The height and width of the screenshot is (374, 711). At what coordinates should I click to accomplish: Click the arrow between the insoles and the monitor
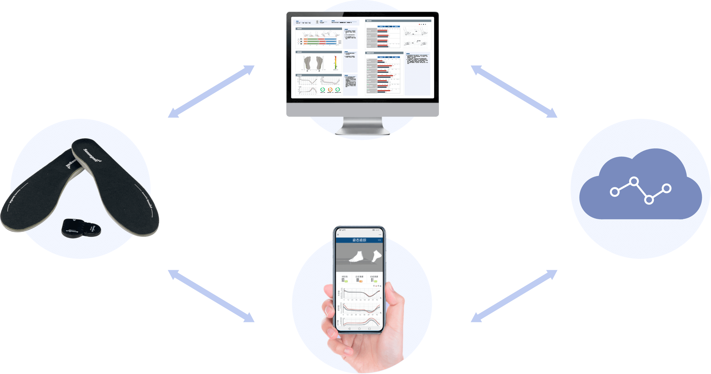click(x=211, y=92)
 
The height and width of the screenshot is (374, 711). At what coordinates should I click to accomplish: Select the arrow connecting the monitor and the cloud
click(x=514, y=92)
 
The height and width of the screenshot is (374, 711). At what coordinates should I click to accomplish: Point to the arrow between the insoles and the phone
click(x=211, y=296)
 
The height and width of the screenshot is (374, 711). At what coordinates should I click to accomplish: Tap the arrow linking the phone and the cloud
click(x=514, y=296)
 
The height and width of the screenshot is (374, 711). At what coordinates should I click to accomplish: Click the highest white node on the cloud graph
click(x=633, y=181)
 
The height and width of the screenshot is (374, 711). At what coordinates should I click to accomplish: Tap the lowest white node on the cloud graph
click(x=649, y=200)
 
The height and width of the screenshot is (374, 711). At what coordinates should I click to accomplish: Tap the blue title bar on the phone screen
click(x=359, y=240)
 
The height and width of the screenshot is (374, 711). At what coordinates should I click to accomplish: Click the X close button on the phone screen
click(x=338, y=234)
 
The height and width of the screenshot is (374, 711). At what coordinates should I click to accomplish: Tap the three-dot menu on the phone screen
click(x=380, y=234)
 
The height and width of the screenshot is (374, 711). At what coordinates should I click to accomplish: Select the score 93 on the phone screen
click(x=343, y=280)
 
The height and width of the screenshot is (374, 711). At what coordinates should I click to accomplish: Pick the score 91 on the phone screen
click(x=372, y=280)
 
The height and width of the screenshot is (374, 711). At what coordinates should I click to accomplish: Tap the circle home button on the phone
click(x=359, y=329)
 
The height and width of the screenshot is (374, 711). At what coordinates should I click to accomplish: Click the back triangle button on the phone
click(x=349, y=329)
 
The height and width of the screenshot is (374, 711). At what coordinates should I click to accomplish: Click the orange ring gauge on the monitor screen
click(x=330, y=90)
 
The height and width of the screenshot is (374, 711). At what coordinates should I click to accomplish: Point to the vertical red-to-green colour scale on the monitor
click(x=335, y=63)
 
